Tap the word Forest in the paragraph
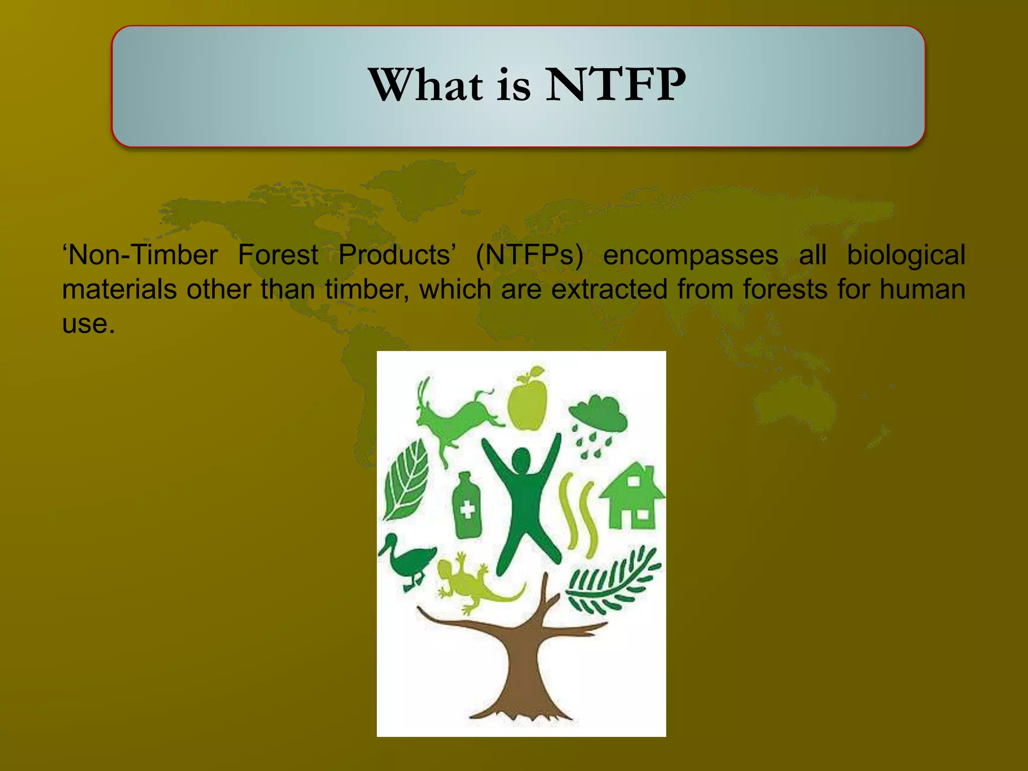click(278, 255)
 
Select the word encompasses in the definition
click(690, 255)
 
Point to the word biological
click(906, 255)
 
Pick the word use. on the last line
click(88, 324)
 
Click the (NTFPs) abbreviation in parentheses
click(529, 255)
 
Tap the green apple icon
click(527, 402)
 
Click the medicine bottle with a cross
click(466, 507)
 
